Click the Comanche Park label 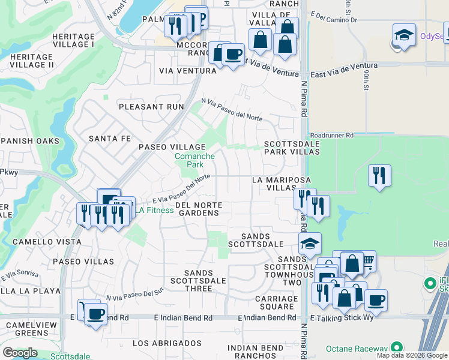194,160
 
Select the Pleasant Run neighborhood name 151,107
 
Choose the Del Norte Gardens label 198,209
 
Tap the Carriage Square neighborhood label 276,302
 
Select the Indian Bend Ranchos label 255,352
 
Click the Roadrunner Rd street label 332,136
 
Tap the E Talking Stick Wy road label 342,317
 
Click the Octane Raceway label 356,348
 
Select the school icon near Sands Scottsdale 310,243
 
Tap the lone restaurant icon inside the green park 379,175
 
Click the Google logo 20,353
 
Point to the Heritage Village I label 73,40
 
